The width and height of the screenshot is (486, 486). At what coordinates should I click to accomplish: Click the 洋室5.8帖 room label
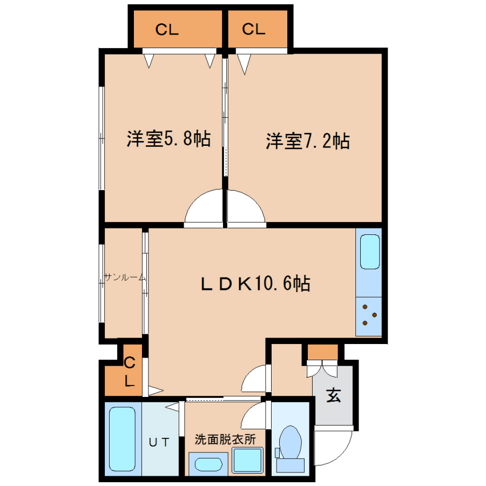pyautogui.click(x=168, y=139)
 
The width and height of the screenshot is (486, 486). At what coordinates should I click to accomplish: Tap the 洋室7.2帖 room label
pyautogui.click(x=308, y=141)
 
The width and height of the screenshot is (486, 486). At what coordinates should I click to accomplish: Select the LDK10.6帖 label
pyautogui.click(x=256, y=283)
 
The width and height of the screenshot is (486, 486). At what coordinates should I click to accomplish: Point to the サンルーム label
pyautogui.click(x=125, y=277)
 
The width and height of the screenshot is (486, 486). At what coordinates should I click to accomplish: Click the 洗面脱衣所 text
pyautogui.click(x=225, y=440)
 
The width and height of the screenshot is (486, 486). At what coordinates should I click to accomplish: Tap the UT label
pyautogui.click(x=159, y=442)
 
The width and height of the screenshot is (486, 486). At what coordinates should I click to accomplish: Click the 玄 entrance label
pyautogui.click(x=334, y=395)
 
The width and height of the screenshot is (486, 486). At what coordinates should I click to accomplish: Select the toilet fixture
pyautogui.click(x=290, y=449)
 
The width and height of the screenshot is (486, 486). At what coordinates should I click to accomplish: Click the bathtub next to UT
pyautogui.click(x=123, y=438)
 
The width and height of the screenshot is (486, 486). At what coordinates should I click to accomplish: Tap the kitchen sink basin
pyautogui.click(x=370, y=252)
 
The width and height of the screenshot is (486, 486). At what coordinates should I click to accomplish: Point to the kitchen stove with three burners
pyautogui.click(x=368, y=316)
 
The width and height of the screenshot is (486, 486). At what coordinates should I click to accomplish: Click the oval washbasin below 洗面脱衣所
pyautogui.click(x=208, y=464)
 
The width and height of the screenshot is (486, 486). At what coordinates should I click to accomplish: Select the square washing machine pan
pyautogui.click(x=248, y=460)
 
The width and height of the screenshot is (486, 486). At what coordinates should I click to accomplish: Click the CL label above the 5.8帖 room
pyautogui.click(x=167, y=30)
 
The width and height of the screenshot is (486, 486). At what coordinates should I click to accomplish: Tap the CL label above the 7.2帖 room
pyautogui.click(x=254, y=29)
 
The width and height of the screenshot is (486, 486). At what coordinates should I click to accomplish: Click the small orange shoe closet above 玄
pyautogui.click(x=322, y=352)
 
